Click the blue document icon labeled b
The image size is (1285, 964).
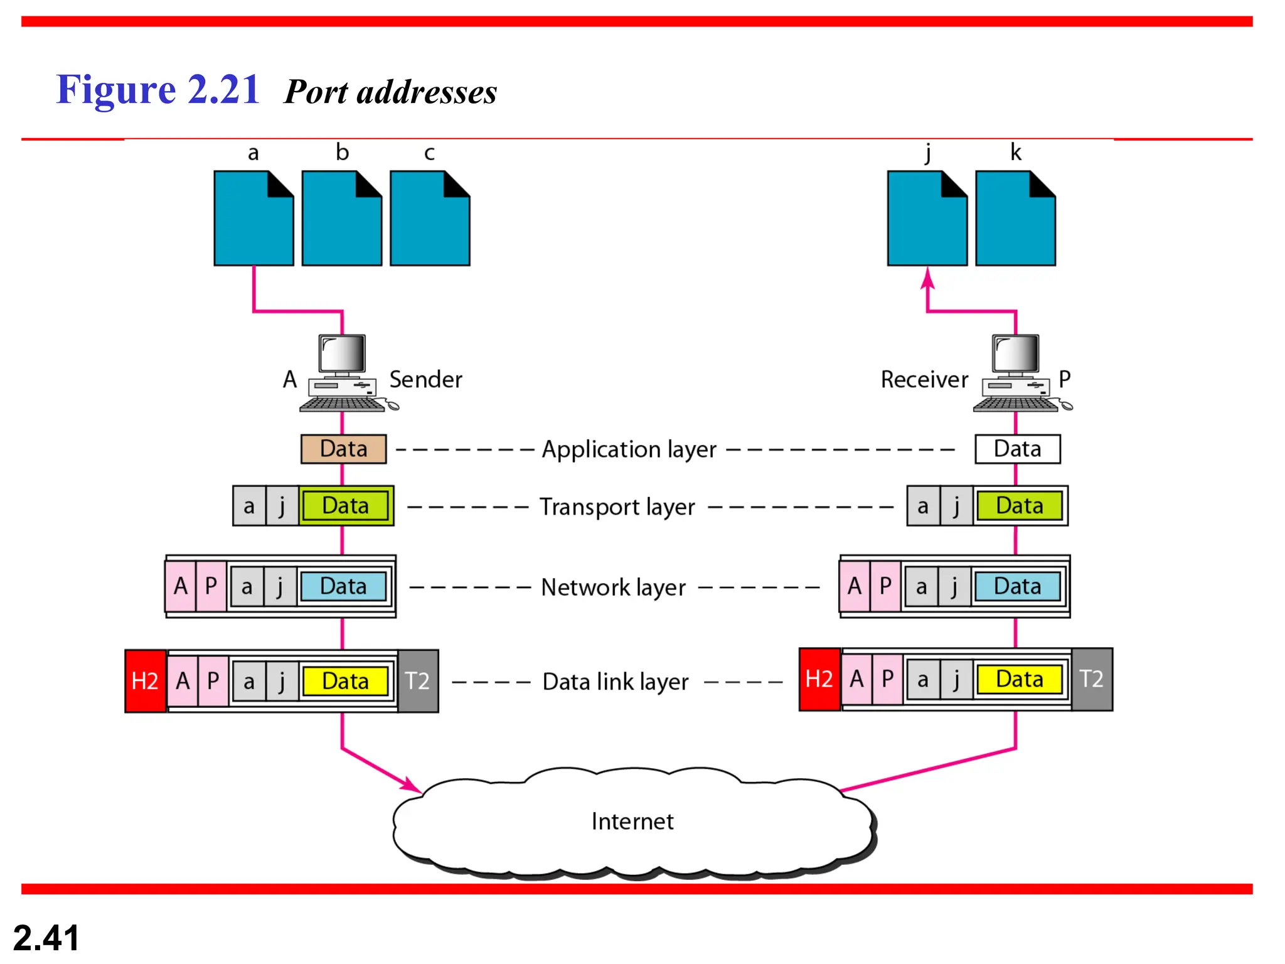pyautogui.click(x=342, y=218)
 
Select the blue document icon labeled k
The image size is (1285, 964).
pyautogui.click(x=1015, y=218)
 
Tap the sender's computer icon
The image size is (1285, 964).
pyautogui.click(x=343, y=373)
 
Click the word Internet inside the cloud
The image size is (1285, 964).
pyautogui.click(x=632, y=822)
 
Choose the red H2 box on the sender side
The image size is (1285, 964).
pyautogui.click(x=146, y=681)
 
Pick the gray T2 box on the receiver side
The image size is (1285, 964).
pyautogui.click(x=1092, y=679)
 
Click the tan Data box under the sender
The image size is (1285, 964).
pyautogui.click(x=343, y=449)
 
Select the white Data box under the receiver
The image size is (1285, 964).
pyautogui.click(x=1017, y=449)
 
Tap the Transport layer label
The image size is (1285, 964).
pyautogui.click(x=617, y=507)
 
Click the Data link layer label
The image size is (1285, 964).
pyautogui.click(x=616, y=682)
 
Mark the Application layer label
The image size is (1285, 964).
pyautogui.click(x=629, y=450)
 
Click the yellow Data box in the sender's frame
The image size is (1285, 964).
pyautogui.click(x=345, y=682)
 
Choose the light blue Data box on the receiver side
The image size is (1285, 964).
pyautogui.click(x=1017, y=587)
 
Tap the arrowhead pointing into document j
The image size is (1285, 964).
pyautogui.click(x=928, y=278)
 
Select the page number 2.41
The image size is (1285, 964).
pyautogui.click(x=46, y=938)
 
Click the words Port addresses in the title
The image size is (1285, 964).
pyautogui.click(x=390, y=92)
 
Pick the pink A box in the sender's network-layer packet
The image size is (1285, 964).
pyautogui.click(x=181, y=586)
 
